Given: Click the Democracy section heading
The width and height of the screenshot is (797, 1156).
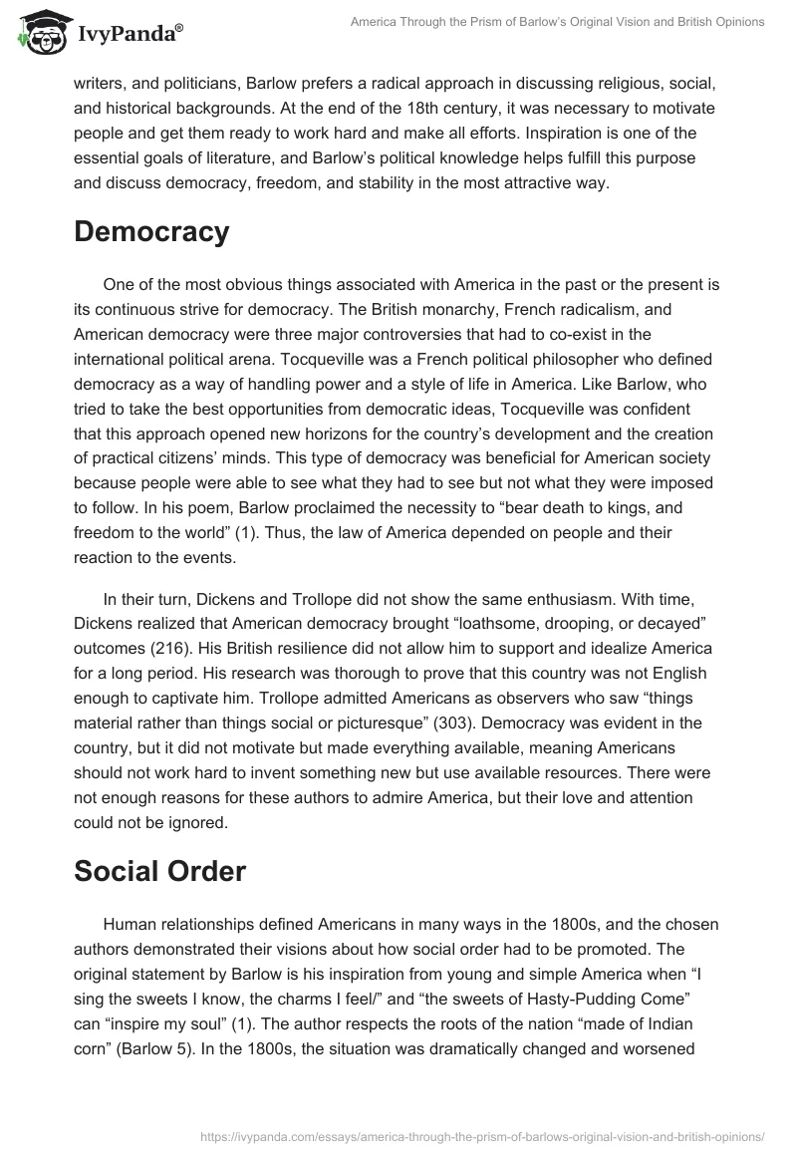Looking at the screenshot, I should [151, 231].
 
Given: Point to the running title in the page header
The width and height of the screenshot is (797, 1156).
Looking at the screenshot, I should [559, 22].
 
